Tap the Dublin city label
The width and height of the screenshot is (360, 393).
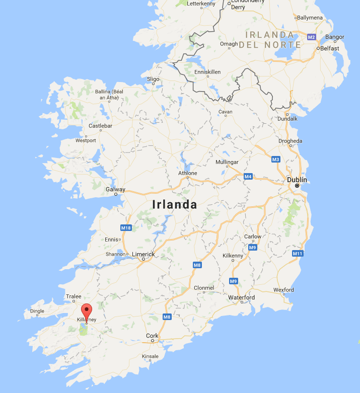point(297,179)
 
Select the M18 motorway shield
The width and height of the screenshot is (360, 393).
point(126,228)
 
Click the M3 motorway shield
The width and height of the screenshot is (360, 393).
point(275,160)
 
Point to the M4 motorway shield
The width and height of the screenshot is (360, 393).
point(248,177)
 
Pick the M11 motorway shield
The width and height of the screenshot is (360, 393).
point(298,253)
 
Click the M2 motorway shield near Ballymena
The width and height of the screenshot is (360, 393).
point(311,37)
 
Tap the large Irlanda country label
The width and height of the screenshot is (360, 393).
point(175,205)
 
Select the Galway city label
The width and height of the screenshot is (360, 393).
point(115,189)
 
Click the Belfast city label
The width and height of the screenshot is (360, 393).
point(329,48)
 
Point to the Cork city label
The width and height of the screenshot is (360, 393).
point(152,336)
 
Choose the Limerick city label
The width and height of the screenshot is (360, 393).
point(143,254)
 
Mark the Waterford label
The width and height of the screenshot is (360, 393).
point(242,297)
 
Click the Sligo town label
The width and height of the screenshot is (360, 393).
point(153,79)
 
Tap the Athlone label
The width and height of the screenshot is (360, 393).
point(188,173)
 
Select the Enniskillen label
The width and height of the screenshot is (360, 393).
point(207,72)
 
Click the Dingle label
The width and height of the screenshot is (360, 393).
point(37,311)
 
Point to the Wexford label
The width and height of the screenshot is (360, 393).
point(283,290)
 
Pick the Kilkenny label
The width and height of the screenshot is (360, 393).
point(233,256)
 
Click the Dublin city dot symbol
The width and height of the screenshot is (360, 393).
point(297,186)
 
